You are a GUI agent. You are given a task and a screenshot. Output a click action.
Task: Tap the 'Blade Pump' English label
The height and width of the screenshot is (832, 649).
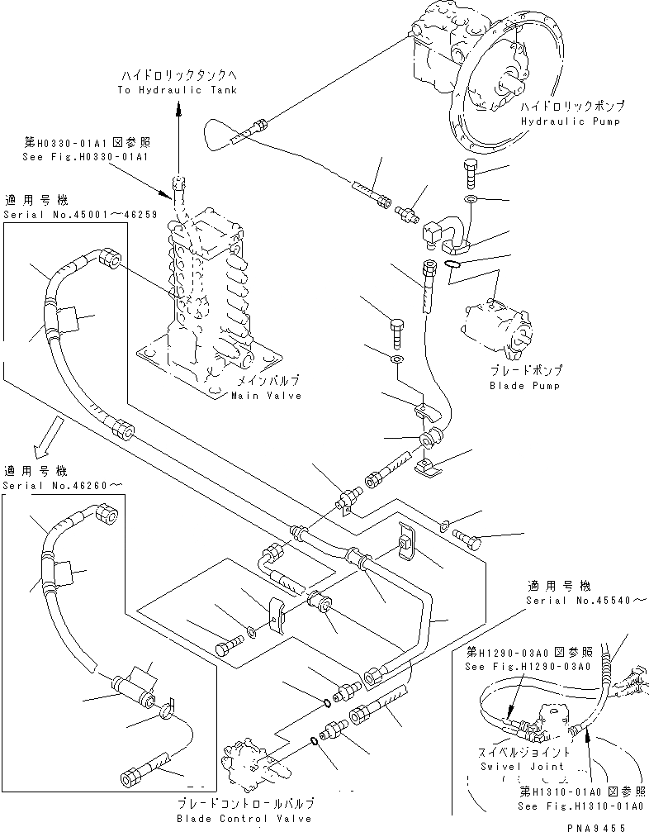click(x=524, y=386)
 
